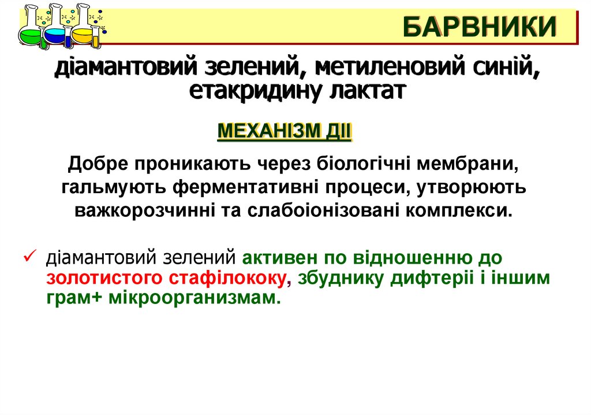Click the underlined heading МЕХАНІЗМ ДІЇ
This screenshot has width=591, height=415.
point(284,131)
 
